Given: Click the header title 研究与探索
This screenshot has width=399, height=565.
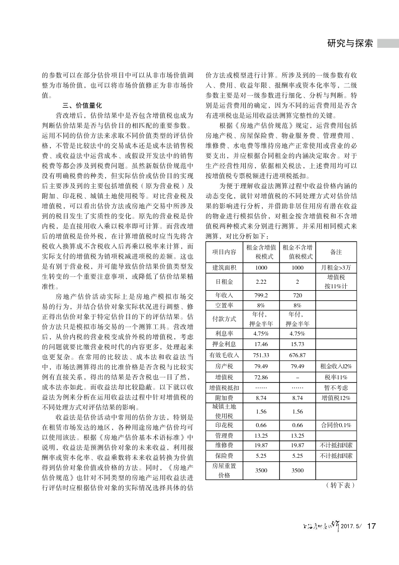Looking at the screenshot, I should point(349,43).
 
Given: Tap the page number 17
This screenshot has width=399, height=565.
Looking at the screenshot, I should point(372,526).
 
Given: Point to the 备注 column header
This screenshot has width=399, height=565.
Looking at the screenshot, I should point(336,252).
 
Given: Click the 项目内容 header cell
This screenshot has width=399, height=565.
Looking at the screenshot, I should point(224,252).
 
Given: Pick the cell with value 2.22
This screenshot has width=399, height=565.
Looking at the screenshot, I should point(261,281).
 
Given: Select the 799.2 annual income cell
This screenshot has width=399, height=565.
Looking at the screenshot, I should point(261,295).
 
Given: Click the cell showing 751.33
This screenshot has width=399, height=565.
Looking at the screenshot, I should point(261,355).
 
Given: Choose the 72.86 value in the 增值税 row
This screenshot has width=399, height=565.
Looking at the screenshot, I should point(261,376).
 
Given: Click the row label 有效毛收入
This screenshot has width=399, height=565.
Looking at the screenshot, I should point(224,355).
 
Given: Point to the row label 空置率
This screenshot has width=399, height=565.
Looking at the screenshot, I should point(224,305).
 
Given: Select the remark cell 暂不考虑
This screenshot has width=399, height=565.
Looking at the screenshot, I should point(336,387).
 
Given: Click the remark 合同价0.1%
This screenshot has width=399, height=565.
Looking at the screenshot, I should point(336,425).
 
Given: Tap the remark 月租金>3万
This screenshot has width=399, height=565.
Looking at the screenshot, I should point(336,267).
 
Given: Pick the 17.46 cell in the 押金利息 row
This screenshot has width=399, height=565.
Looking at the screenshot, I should point(261,345).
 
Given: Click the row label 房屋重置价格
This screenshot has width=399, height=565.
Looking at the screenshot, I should point(224,470).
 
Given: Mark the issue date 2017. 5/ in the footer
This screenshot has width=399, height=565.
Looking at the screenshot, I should point(351,527).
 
